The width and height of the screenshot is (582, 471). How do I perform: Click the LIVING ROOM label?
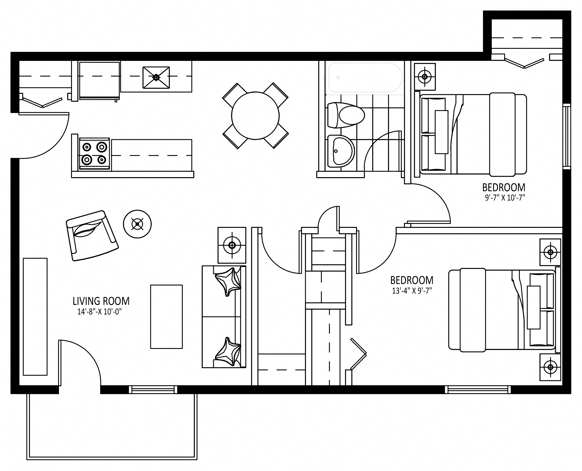point(101,301)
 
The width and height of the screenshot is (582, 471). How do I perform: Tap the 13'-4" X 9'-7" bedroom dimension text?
point(412,291)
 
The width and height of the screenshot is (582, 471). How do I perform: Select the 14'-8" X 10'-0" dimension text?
point(99,312)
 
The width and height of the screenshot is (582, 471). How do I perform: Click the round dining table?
point(255,116)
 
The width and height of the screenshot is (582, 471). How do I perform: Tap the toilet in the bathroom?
point(346,115)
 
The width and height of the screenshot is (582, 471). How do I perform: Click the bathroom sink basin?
point(341,151)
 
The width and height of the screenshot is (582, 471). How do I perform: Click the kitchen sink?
point(156,77)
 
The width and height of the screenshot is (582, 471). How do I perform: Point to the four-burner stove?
point(95,154)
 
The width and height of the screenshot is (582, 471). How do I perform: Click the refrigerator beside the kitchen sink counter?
point(99,81)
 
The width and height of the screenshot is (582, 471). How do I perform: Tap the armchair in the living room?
point(92,235)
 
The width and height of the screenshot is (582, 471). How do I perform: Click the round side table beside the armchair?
point(137,224)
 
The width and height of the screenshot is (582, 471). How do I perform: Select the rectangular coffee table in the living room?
point(166,317)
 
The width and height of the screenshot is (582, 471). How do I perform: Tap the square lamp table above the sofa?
point(232,245)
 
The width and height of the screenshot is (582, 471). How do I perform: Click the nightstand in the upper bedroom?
point(425,76)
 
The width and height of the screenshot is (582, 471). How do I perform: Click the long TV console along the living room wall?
point(35,317)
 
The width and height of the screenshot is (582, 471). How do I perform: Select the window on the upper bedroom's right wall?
point(566,137)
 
